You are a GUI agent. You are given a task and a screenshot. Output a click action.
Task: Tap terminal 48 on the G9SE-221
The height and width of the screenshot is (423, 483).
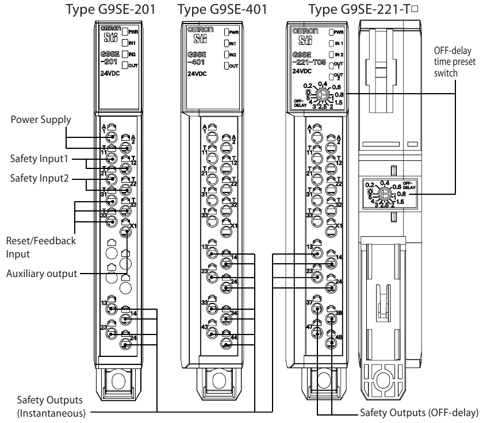click(331, 343)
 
